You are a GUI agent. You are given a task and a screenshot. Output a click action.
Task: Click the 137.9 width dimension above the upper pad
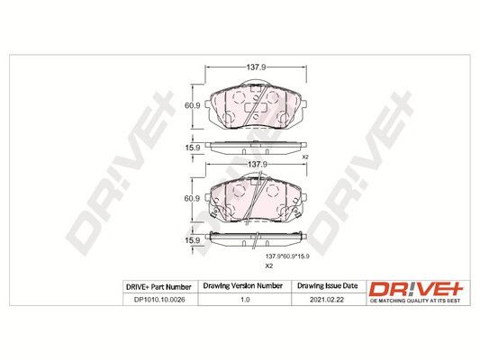click(x=257, y=67)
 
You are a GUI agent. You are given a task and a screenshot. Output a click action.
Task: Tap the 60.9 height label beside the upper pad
click(x=192, y=105)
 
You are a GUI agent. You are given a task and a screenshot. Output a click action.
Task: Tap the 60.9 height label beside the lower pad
click(x=192, y=199)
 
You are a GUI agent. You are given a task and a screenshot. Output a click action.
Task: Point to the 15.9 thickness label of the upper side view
click(x=192, y=148)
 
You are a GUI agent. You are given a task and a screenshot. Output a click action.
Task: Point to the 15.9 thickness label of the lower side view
click(x=192, y=240)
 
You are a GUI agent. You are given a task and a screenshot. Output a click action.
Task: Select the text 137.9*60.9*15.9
click(x=287, y=256)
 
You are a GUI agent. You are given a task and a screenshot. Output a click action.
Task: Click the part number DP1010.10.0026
click(x=159, y=300)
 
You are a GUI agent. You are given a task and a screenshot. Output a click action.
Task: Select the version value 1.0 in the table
click(x=245, y=300)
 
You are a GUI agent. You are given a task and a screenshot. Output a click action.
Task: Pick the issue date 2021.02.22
click(x=327, y=300)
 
